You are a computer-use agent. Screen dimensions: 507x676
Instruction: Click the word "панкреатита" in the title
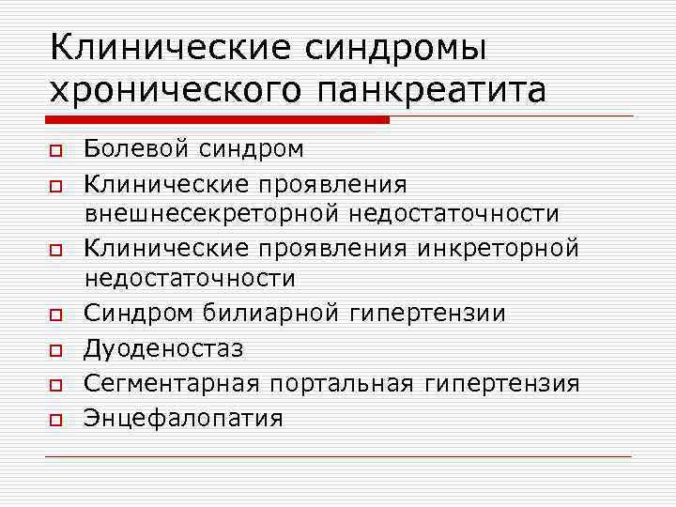(x=433, y=90)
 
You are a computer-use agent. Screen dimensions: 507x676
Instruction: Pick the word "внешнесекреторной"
(x=213, y=214)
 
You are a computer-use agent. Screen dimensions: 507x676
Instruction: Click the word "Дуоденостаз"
(x=163, y=348)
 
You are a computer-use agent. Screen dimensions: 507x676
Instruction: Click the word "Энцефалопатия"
(x=183, y=418)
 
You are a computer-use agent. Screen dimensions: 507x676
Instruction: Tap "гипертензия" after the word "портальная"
(x=501, y=383)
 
